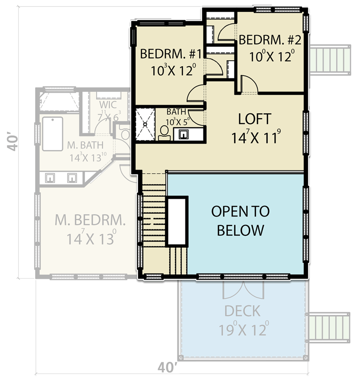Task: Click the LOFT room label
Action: tap(254, 119)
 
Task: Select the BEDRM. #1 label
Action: tap(170, 54)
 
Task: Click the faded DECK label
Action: tap(242, 310)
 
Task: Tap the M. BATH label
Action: tap(85, 145)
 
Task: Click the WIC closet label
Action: tap(108, 105)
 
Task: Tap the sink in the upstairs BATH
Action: tap(183, 134)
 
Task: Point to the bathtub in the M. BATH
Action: tap(53, 134)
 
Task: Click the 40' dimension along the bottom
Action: tap(167, 368)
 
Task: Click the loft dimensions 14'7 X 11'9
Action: tap(254, 137)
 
